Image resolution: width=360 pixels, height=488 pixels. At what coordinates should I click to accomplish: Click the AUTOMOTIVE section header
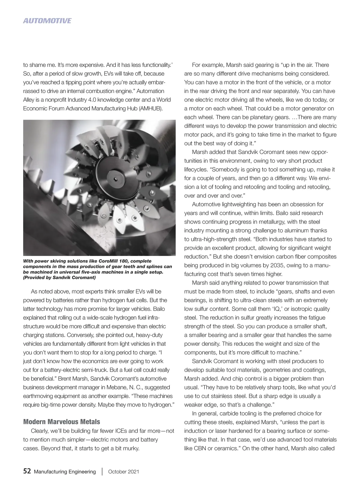(47, 21)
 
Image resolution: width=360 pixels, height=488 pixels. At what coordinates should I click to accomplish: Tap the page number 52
(27, 471)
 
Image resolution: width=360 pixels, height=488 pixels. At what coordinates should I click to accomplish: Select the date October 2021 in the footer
(124, 471)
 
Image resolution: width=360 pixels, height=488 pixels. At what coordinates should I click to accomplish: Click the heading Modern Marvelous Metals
(61, 422)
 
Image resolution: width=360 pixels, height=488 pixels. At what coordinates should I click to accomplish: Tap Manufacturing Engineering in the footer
(65, 471)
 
